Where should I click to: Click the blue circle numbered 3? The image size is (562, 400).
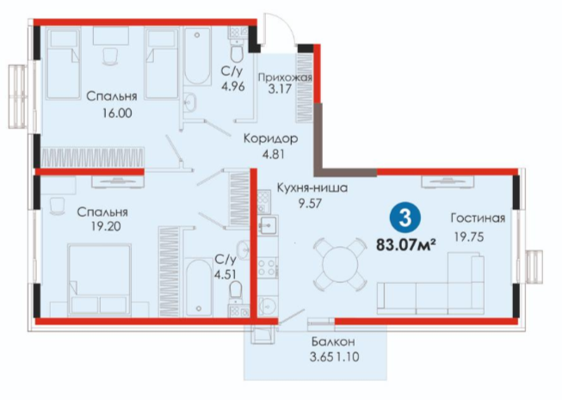tap(405, 217)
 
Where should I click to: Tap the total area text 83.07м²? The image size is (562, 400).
tap(405, 245)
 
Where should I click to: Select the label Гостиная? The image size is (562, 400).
tap(479, 218)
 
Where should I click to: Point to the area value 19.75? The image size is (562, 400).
tap(469, 237)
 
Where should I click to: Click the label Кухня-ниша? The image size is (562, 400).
tap(312, 188)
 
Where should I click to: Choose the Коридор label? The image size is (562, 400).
tap(270, 138)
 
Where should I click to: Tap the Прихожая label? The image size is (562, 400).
tap(285, 77)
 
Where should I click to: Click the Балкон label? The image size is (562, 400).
tap(333, 342)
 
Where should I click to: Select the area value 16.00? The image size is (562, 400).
tap(117, 114)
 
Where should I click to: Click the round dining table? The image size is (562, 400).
tap(340, 265)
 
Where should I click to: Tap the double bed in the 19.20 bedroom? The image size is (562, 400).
tap(99, 280)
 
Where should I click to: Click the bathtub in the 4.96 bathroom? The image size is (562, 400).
tap(197, 57)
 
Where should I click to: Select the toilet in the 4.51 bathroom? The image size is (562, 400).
tap(236, 290)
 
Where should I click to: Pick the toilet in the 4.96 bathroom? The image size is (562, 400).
tap(237, 53)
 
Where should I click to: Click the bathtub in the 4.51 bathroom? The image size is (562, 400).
tap(199, 288)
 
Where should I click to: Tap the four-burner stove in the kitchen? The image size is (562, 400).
tap(267, 268)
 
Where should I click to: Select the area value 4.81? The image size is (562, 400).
tap(273, 154)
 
